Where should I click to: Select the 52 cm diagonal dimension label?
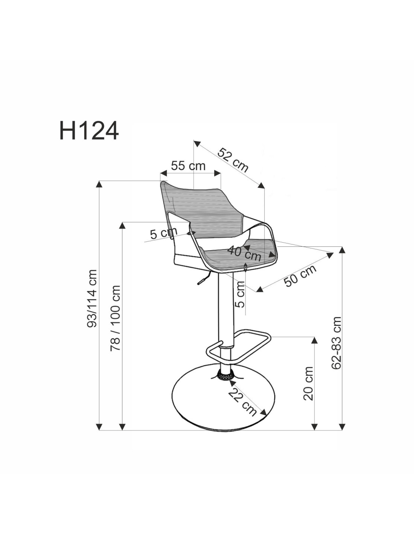(x=233, y=160)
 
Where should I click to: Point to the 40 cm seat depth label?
(x=244, y=253)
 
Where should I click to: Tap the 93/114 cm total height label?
(x=92, y=298)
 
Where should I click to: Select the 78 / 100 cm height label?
(x=115, y=318)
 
